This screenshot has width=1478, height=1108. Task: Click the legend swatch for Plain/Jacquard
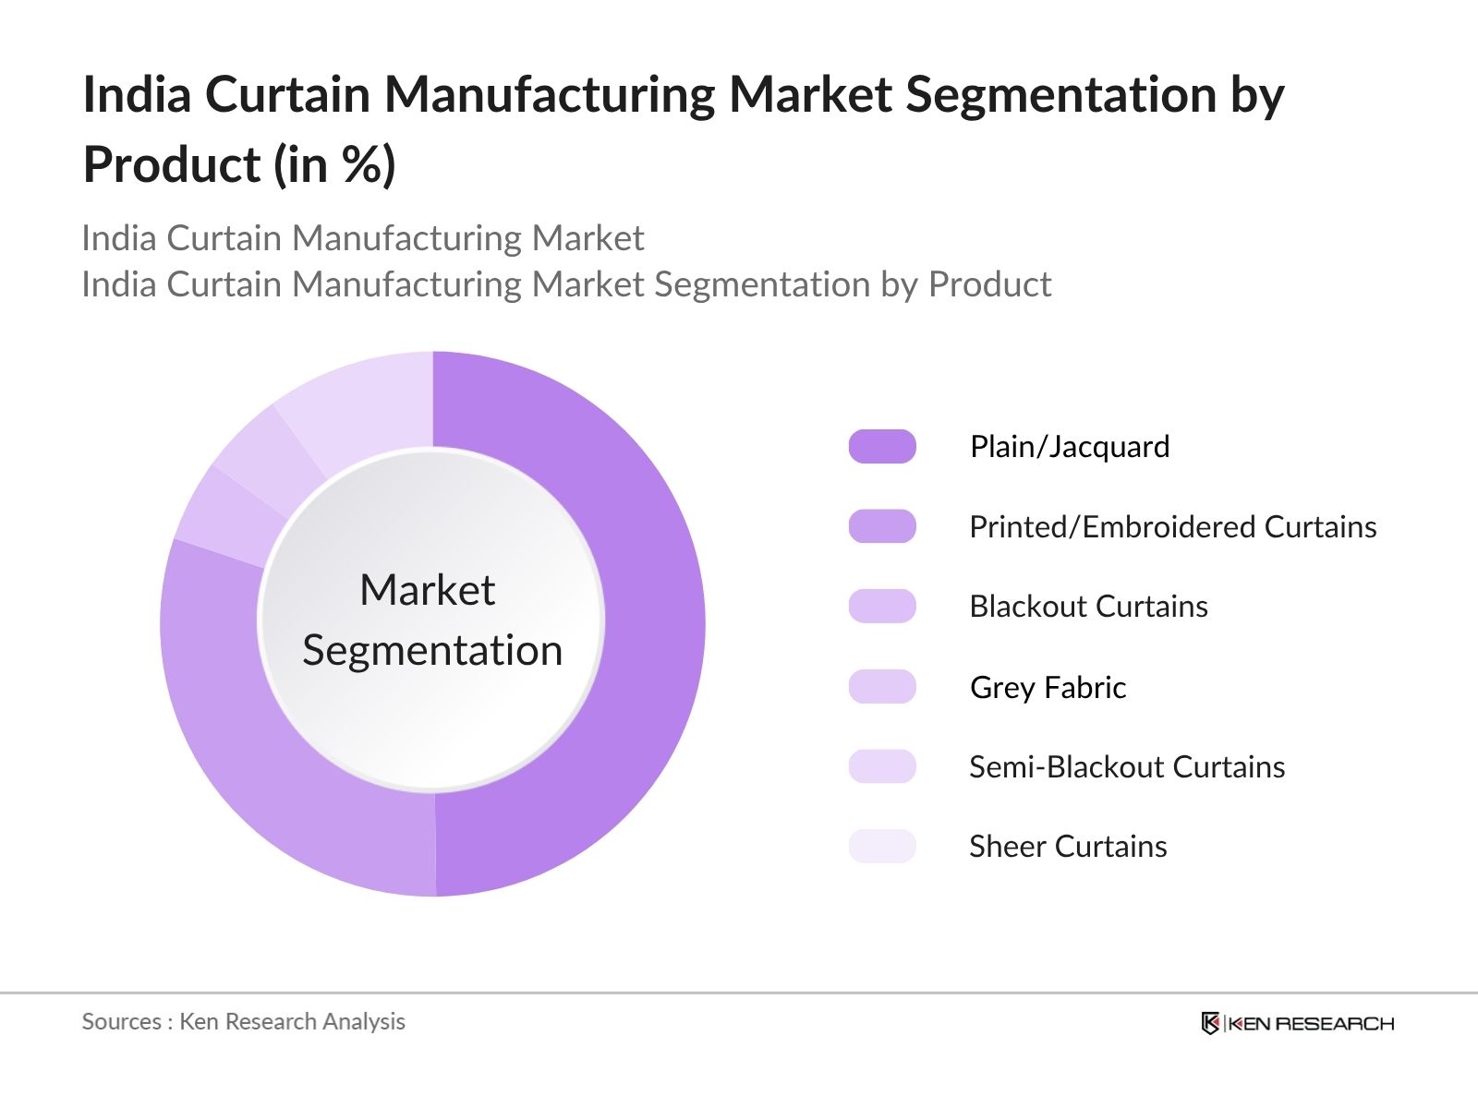(x=882, y=447)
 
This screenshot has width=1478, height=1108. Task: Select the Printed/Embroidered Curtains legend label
(x=1172, y=527)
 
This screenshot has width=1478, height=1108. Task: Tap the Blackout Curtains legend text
(x=1088, y=607)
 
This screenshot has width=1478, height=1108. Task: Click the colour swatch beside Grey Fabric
(x=882, y=687)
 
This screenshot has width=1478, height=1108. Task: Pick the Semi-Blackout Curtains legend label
(x=1126, y=767)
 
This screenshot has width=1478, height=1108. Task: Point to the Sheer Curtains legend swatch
(x=882, y=847)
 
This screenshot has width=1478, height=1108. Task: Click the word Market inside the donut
(x=427, y=590)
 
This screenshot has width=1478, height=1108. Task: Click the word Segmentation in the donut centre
(x=432, y=651)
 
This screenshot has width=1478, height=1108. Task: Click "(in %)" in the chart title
(x=334, y=165)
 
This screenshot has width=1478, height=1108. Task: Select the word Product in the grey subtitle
(x=989, y=284)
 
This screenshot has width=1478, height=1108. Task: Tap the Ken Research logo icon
(x=1210, y=1023)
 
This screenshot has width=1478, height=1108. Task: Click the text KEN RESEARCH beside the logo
(x=1312, y=1023)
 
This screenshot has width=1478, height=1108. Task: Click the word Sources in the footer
(x=121, y=1022)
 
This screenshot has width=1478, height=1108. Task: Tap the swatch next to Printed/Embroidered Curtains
(x=882, y=527)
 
